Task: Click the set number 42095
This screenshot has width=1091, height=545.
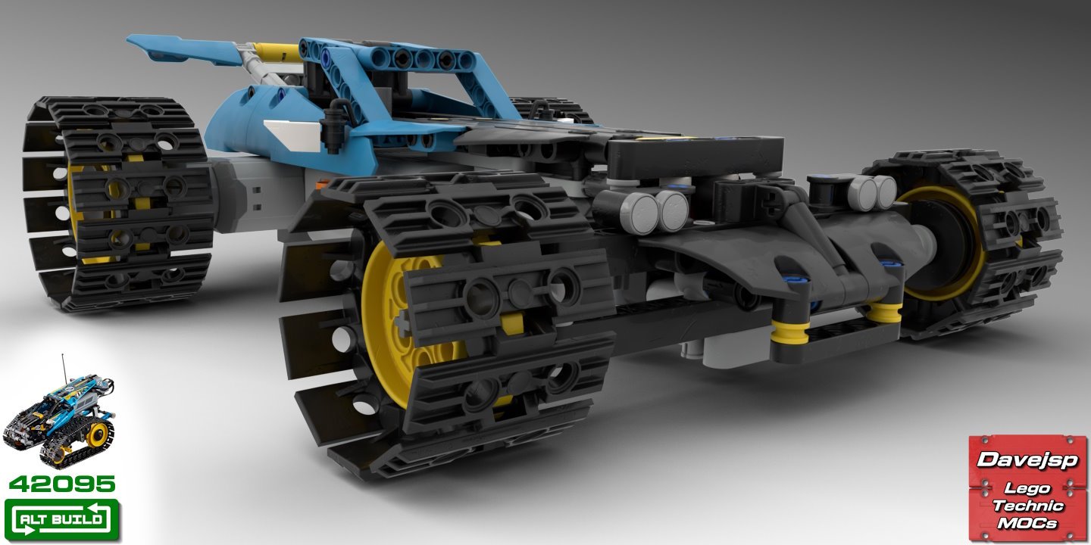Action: click(62, 484)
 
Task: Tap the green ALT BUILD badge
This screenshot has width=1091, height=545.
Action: click(62, 520)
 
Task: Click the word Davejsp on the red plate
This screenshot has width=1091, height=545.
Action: click(1027, 459)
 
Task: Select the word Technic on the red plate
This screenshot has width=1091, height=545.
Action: click(1027, 506)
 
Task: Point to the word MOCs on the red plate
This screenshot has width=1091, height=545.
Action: click(1027, 523)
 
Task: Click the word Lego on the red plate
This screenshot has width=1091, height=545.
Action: click(1027, 488)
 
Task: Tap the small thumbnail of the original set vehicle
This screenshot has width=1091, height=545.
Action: click(58, 418)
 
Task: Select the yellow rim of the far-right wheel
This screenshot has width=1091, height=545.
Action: click(943, 243)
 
